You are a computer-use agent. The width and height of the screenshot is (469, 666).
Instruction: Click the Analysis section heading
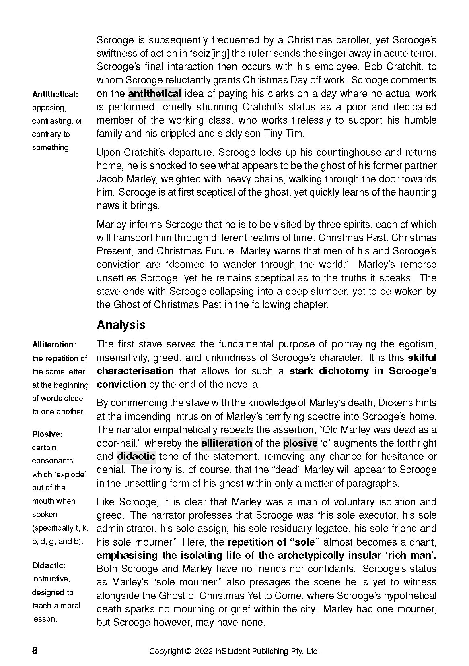[121, 325]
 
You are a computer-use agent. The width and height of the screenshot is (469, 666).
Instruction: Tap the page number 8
[35, 651]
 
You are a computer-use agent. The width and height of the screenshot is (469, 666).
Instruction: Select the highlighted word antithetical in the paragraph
[154, 94]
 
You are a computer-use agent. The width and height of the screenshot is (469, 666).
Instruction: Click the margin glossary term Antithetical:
[55, 95]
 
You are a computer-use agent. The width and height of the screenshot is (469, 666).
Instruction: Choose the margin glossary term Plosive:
[47, 434]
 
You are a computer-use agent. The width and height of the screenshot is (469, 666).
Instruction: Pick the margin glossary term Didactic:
[49, 565]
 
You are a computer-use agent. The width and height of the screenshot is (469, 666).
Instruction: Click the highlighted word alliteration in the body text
[226, 443]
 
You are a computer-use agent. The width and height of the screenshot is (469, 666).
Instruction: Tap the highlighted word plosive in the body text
[300, 443]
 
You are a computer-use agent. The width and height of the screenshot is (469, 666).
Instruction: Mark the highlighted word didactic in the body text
[136, 457]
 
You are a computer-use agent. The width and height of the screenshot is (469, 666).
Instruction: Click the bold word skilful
[422, 358]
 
